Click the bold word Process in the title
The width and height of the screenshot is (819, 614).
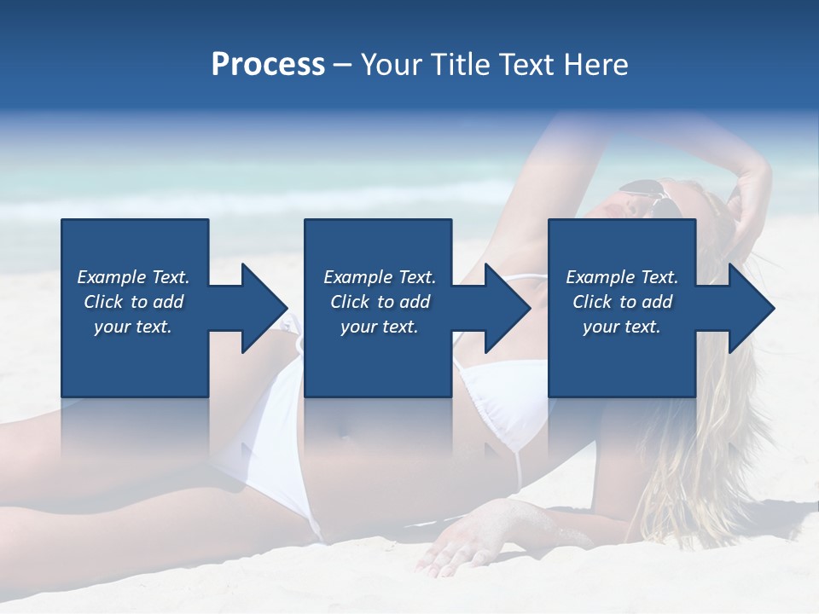point(268,65)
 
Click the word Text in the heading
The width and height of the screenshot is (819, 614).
point(526,65)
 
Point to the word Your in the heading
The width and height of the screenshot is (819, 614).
point(391,65)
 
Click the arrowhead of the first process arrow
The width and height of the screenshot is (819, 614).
point(263,308)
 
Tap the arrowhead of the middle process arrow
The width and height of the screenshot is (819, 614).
point(506,308)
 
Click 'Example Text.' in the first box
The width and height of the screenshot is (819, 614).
point(133,277)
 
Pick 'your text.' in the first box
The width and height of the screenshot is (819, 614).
point(133,327)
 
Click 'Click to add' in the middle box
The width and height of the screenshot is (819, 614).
point(380,302)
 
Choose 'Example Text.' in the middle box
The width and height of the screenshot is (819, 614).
point(380,277)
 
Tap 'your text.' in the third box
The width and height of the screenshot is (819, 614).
point(622,327)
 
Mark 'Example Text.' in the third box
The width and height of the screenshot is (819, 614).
point(622,277)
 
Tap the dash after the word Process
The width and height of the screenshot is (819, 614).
point(342,65)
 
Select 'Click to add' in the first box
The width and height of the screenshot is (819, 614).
point(133,302)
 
